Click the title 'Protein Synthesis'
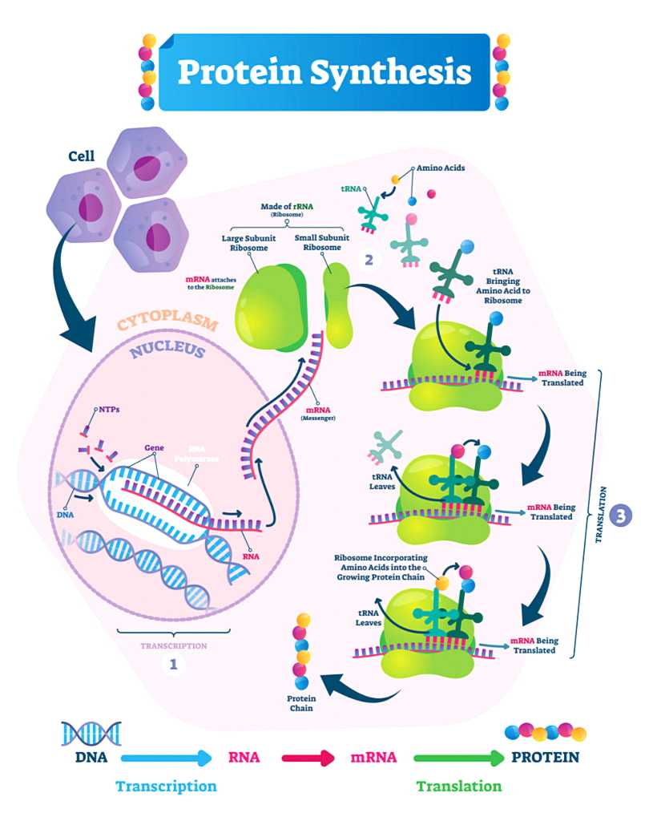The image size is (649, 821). pyautogui.click(x=324, y=71)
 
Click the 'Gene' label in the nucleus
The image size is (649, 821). pyautogui.click(x=155, y=447)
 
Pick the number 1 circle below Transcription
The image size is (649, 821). pyautogui.click(x=174, y=663)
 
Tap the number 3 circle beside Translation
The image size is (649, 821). pyautogui.click(x=620, y=516)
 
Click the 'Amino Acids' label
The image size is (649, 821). pyautogui.click(x=441, y=168)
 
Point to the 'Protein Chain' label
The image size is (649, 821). pyautogui.click(x=302, y=702)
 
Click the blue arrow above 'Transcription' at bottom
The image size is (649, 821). pyautogui.click(x=166, y=756)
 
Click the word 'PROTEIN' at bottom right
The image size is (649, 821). pyautogui.click(x=545, y=756)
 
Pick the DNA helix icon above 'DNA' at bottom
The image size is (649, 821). pyautogui.click(x=91, y=733)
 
